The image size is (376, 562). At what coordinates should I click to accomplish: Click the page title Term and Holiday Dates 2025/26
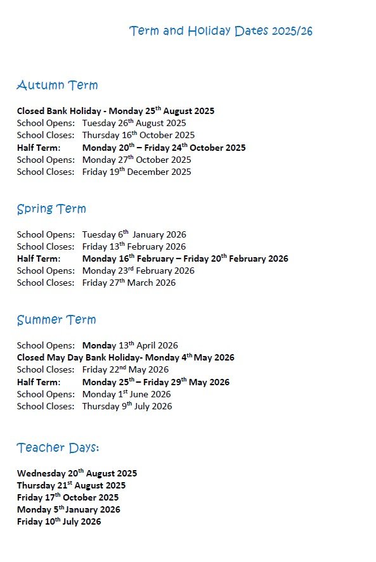tap(221, 31)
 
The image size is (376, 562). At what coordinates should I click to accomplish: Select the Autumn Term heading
tap(57, 86)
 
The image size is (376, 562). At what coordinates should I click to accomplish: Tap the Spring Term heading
tap(51, 209)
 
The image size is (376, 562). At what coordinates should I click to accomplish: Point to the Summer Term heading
tap(56, 320)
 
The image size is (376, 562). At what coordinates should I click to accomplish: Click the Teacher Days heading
tap(58, 448)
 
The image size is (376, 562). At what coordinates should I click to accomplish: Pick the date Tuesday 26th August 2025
tap(134, 123)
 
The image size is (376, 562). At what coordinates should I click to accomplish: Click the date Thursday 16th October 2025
tap(138, 135)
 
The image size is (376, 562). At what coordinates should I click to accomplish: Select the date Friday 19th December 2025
tap(136, 172)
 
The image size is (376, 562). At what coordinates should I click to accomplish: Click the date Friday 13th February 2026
tap(134, 246)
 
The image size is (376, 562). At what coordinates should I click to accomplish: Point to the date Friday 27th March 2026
tap(129, 283)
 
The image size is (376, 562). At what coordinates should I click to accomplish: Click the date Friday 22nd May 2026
tap(125, 369)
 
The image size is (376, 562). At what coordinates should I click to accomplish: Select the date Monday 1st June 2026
tap(126, 394)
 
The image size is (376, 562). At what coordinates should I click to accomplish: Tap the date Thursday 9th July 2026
tap(127, 406)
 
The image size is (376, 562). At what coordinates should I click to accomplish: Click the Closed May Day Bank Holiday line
tap(126, 357)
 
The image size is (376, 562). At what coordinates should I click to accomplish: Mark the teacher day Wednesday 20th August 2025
tap(77, 473)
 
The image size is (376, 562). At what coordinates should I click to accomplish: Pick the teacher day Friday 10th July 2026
tap(59, 522)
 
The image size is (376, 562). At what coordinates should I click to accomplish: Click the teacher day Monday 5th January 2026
tap(68, 509)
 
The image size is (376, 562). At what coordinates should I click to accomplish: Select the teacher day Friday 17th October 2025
tap(68, 497)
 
